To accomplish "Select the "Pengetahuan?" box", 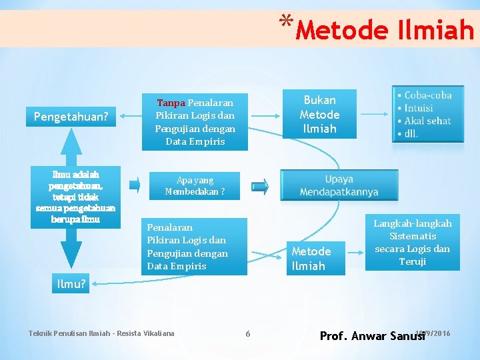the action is [x=71, y=117].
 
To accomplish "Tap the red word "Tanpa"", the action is [x=171, y=103].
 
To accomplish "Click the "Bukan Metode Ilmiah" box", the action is [x=320, y=114].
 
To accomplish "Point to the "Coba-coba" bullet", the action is [x=427, y=95].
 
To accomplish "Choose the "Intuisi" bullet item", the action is [x=418, y=108].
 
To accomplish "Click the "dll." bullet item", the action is [x=411, y=133].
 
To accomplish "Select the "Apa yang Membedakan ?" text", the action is [x=195, y=186].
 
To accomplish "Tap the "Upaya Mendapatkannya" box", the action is [x=339, y=186].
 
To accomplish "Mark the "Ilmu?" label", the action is [x=71, y=284].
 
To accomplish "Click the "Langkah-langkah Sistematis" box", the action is [x=412, y=242].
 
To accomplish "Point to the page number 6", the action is [x=247, y=333].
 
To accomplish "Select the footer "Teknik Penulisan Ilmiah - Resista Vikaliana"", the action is [x=101, y=333].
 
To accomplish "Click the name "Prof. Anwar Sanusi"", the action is [x=372, y=336].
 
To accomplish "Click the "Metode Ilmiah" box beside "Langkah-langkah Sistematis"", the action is [x=311, y=258].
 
